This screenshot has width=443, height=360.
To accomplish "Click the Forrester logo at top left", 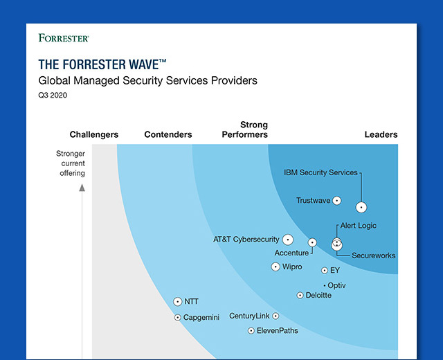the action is tap(64, 38).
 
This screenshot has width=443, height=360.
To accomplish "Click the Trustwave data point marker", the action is tap(336, 201).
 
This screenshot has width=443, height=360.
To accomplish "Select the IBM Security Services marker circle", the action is tap(361, 208).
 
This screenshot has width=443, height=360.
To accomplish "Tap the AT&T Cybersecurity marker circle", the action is tap(288, 240).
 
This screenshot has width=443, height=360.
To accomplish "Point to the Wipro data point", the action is tap(275, 267).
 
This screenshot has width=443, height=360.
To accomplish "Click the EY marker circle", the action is tap(325, 271).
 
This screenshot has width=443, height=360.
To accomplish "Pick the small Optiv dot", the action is tap(325, 286).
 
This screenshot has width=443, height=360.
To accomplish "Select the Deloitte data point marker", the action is tap(300, 296).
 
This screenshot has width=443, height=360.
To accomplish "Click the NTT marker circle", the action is tap(177, 302).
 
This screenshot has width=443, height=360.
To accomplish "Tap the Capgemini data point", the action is tap(177, 318).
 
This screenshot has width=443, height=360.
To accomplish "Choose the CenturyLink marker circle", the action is tap(275, 316).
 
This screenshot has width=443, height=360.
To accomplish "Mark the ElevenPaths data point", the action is tap(251, 331).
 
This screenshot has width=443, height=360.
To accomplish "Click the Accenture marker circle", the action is tap(312, 242).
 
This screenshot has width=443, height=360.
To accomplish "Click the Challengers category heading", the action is tap(94, 134).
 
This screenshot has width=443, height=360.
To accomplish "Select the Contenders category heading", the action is tap(168, 134).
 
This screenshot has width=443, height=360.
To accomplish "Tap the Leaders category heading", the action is tap(381, 134).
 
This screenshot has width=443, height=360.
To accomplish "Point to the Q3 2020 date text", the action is tap(53, 96).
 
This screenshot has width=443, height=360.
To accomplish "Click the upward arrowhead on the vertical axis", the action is tap(82, 188).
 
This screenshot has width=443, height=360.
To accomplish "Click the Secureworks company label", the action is tap(373, 255).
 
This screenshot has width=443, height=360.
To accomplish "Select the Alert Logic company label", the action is tap(359, 226).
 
